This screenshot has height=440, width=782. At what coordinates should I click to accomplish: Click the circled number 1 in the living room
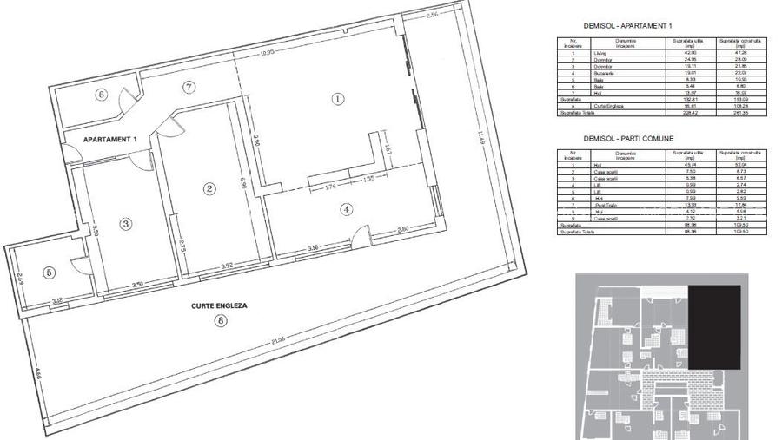click(338, 99)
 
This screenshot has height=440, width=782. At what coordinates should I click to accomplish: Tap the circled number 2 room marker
click(209, 187)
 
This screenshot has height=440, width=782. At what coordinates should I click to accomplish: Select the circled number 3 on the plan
click(126, 223)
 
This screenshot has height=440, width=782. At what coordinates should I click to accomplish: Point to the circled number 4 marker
click(346, 208)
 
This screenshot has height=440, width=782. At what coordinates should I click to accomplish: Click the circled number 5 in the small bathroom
click(49, 272)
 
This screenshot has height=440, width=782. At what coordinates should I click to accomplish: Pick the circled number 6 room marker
click(101, 95)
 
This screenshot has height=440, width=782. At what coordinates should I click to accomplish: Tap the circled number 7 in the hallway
click(189, 86)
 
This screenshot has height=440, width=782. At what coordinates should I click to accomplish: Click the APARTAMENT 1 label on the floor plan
click(110, 139)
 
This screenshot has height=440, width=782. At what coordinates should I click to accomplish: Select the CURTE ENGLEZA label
click(220, 306)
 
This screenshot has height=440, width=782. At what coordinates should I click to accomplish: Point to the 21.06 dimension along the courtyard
click(276, 341)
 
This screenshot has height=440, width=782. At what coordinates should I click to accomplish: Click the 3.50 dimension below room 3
click(136, 285)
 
